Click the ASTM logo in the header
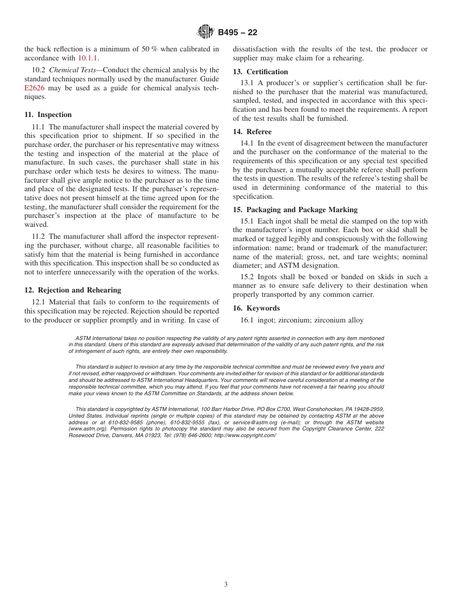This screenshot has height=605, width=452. pyautogui.click(x=206, y=32)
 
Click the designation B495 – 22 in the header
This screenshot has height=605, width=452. pyautogui.click(x=237, y=33)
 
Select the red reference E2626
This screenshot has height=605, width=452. pyautogui.click(x=34, y=88)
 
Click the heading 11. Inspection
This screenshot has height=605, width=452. pyautogui.click(x=48, y=115)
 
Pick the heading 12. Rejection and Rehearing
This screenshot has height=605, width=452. pyautogui.click(x=73, y=290)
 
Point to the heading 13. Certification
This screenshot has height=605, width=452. pyautogui.click(x=260, y=72)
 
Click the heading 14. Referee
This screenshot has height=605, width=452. pyautogui.click(x=252, y=132)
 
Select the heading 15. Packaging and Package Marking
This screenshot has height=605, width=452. pyautogui.click(x=295, y=210)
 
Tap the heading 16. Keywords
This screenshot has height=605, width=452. pyautogui.click(x=256, y=308)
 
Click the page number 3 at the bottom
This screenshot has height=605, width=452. pyautogui.click(x=226, y=585)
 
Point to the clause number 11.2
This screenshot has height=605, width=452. pyautogui.click(x=38, y=236)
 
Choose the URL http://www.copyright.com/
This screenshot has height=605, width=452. pyautogui.click(x=245, y=435)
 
